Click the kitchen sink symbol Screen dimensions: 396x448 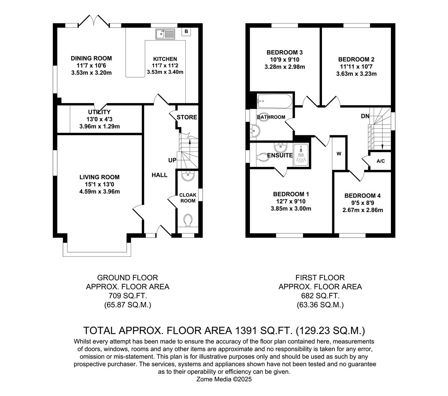click(x=165, y=34)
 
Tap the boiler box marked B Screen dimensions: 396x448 click(x=186, y=32)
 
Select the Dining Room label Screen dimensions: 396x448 click(x=91, y=58)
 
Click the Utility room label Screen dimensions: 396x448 click(x=99, y=112)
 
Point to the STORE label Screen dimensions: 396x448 click(x=187, y=117)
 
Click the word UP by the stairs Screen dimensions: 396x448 click(x=172, y=160)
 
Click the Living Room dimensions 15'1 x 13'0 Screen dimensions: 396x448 click(x=99, y=184)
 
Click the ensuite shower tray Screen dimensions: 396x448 click(x=301, y=155)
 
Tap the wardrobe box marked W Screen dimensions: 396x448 click(x=339, y=154)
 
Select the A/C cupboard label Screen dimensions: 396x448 click(x=381, y=161)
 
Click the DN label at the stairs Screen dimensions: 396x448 click(x=365, y=116)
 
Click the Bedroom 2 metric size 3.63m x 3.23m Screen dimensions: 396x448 click(x=356, y=74)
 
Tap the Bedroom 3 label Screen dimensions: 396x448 click(x=285, y=52)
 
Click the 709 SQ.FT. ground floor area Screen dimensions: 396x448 click(x=127, y=296)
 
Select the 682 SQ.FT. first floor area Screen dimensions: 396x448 click(x=320, y=296)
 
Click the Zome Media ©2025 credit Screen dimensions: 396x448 click(x=225, y=379)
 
